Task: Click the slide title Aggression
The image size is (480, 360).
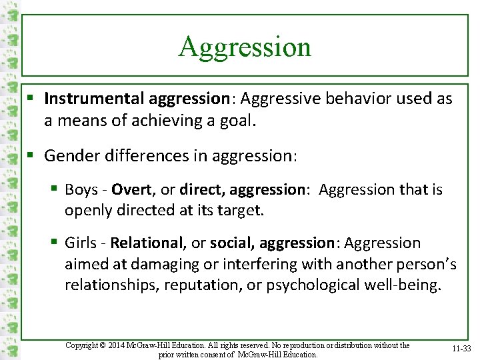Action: [x=245, y=47]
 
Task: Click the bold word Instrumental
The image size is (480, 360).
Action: [x=95, y=99]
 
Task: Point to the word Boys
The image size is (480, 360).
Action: [x=81, y=190]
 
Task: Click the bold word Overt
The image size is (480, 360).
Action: [x=132, y=190]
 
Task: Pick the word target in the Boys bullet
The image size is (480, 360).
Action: [x=237, y=211]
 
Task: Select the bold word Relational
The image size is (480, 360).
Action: [x=147, y=243]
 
